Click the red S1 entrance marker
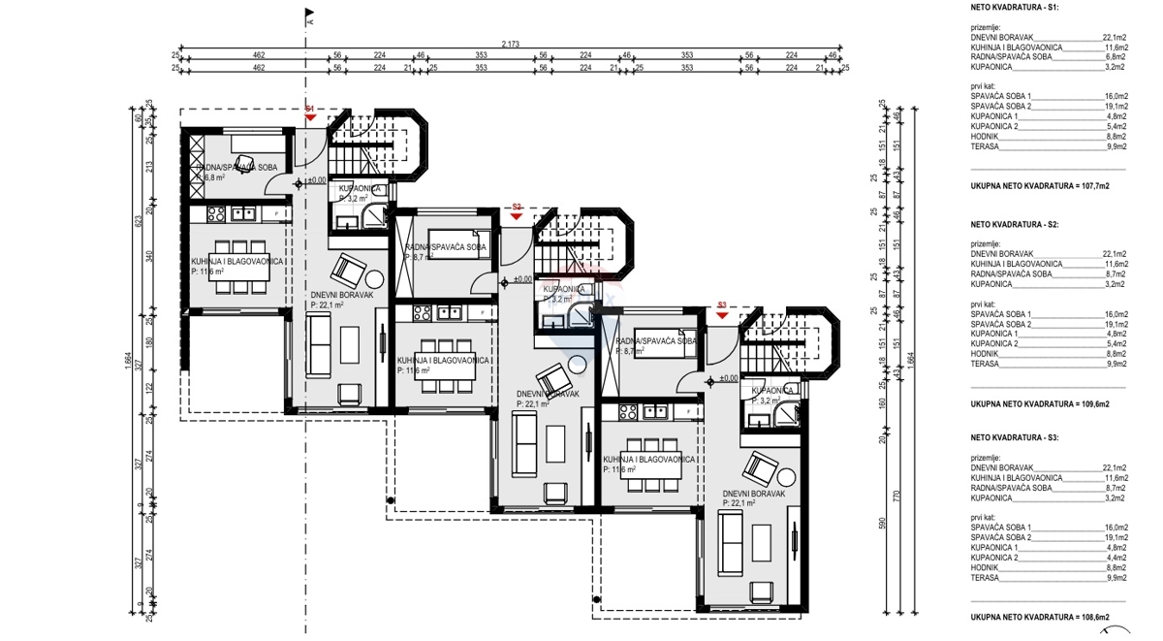(x=310, y=115)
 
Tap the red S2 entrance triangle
(x=517, y=214)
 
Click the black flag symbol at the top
(x=309, y=14)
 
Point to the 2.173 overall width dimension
(x=511, y=45)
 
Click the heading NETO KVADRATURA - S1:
(x=1015, y=8)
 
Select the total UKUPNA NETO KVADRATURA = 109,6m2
(x=1040, y=403)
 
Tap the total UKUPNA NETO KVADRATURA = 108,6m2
(x=1040, y=617)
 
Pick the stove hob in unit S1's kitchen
(x=214, y=213)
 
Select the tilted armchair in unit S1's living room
(x=348, y=268)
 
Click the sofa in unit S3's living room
(x=730, y=544)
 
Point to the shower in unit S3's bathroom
(x=780, y=417)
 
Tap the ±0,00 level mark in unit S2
(x=520, y=279)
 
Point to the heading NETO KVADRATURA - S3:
(x=1015, y=438)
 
